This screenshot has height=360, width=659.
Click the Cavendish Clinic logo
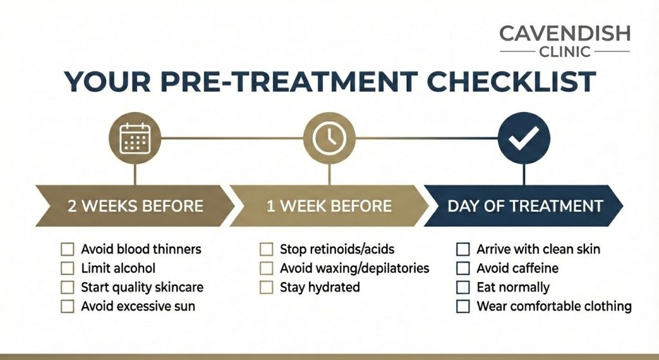[x=564, y=41]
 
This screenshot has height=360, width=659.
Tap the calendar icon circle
[x=135, y=138]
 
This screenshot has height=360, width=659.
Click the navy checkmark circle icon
[x=524, y=138]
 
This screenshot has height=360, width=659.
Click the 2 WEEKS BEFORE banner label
[x=135, y=206]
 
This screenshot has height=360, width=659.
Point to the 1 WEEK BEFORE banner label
[x=329, y=206]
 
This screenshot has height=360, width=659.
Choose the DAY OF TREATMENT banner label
[x=525, y=206]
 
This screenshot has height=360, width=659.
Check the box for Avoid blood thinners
[x=68, y=249]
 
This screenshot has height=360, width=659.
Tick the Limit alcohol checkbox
[x=68, y=268]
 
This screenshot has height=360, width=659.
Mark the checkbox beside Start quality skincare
[x=68, y=287]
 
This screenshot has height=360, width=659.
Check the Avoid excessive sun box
[x=68, y=307]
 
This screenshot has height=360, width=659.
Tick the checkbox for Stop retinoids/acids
[x=266, y=249]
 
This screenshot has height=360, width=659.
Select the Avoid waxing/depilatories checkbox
[x=266, y=268]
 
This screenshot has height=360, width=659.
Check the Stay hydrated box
[x=266, y=287]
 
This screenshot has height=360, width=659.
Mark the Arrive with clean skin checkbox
[x=463, y=249]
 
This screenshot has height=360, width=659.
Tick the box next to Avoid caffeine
[x=463, y=268]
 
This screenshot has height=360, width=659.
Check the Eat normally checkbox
[x=463, y=287]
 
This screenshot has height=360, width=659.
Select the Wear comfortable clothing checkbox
[x=463, y=307]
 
